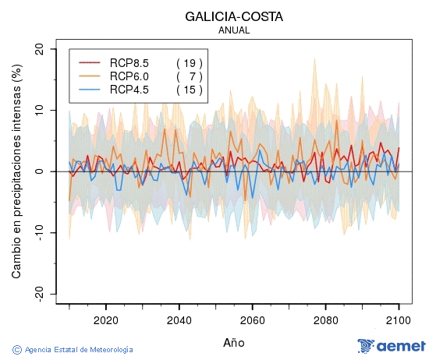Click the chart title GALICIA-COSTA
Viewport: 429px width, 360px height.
point(234,16)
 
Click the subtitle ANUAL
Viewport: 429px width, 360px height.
point(234,30)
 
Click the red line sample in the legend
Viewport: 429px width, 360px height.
point(90,62)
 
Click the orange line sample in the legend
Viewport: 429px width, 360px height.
point(90,76)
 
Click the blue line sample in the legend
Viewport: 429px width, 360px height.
point(90,90)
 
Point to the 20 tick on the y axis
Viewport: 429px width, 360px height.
point(39,49)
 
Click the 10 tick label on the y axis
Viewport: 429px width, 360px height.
point(39,110)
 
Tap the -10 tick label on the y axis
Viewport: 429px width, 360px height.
point(37,232)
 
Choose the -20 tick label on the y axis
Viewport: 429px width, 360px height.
point(37,294)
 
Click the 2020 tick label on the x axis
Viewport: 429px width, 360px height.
point(106,319)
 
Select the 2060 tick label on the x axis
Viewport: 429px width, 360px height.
point(253,319)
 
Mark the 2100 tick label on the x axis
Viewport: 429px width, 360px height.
point(399,319)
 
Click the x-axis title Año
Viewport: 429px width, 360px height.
point(234,342)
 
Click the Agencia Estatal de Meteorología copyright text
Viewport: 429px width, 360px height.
point(73,350)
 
